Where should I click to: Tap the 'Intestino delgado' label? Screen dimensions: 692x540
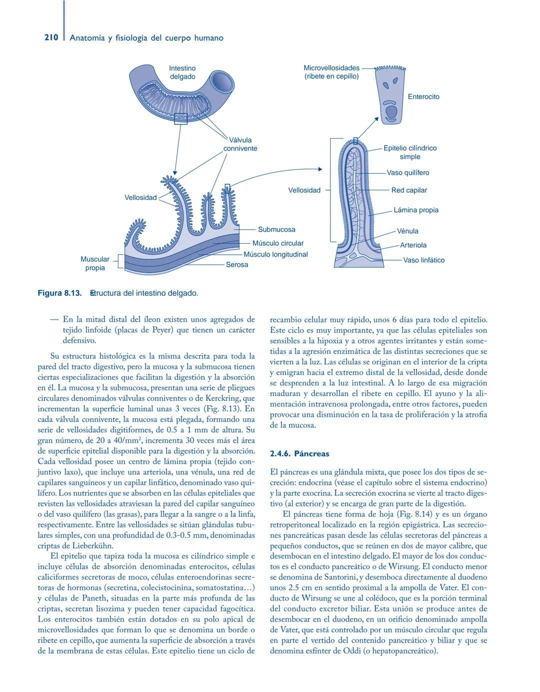click(182, 73)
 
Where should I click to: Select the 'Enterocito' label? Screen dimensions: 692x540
click(423, 97)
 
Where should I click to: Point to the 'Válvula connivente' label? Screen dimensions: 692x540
click(240, 144)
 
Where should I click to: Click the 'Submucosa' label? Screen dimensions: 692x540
click(276, 230)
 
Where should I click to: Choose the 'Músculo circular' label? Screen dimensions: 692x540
click(278, 243)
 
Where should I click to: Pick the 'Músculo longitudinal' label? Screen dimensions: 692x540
click(275, 254)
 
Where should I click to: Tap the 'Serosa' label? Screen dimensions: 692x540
click(237, 264)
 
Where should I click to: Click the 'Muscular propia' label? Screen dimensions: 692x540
click(95, 264)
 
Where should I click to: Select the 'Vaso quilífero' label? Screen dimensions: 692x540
click(408, 173)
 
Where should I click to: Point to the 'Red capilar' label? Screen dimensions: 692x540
click(409, 190)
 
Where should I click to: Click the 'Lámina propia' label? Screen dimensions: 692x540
click(416, 210)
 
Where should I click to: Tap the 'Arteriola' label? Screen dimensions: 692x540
click(413, 245)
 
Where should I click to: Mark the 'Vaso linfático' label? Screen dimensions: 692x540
click(423, 260)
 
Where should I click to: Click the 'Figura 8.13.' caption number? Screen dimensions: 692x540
click(59, 293)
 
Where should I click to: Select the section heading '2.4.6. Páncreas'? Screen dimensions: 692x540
click(299, 454)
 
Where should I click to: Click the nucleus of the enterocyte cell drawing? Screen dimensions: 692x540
click(391, 111)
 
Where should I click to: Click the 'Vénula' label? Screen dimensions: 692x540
click(407, 231)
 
